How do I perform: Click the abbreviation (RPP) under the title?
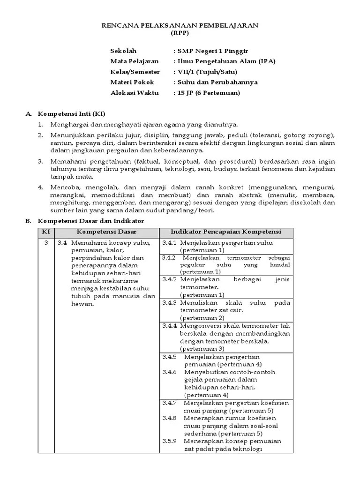[x=180, y=33]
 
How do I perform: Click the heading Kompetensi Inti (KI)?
[x=72, y=114]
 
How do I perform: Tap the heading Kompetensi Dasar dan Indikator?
[x=91, y=221]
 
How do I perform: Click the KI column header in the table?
[x=46, y=232]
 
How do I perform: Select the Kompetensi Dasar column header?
[x=106, y=232]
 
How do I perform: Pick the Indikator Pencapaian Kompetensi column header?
[x=226, y=232]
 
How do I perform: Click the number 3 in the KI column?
[x=46, y=243]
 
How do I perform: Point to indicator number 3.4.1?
[x=170, y=243]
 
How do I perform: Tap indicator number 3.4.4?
[x=170, y=325]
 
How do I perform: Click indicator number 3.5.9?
[x=170, y=441]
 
